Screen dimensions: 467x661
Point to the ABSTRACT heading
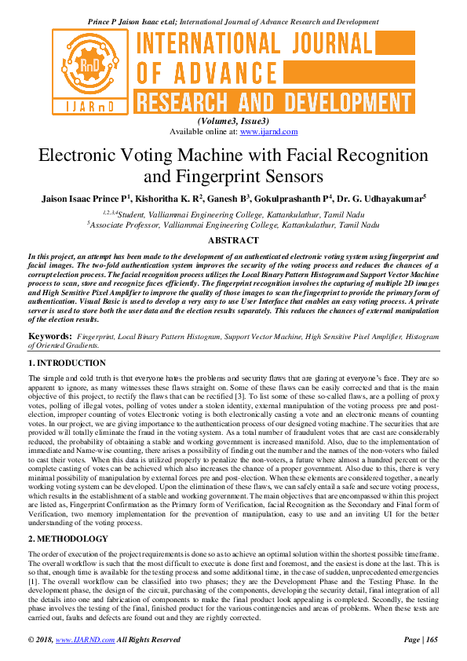coord(233,240)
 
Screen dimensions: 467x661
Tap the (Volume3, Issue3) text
coord(233,121)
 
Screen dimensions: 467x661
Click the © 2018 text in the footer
coord(40,640)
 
